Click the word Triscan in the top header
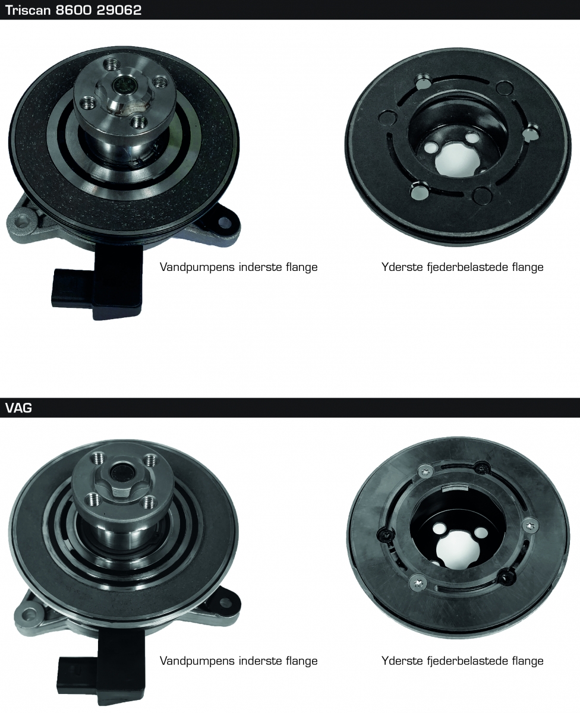coord(28,10)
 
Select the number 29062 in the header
coord(119,10)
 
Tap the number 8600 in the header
coord(73,10)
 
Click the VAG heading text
coord(19,408)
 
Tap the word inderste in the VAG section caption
coord(260,661)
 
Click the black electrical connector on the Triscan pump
coord(97,283)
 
